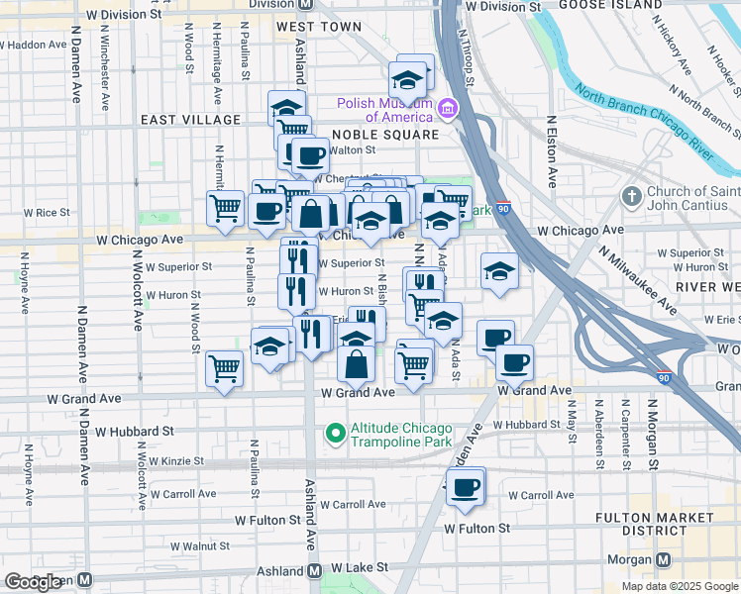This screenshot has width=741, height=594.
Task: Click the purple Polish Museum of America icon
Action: click(x=448, y=108)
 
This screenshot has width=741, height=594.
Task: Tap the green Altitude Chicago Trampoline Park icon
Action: click(x=335, y=433)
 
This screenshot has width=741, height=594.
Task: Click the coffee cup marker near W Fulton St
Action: click(x=465, y=488)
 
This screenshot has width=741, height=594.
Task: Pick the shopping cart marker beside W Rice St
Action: click(x=226, y=210)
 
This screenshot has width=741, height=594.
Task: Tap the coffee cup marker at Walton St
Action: click(x=309, y=155)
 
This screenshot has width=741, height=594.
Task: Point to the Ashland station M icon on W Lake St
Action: click(x=315, y=570)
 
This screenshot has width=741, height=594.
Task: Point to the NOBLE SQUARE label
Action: click(x=385, y=135)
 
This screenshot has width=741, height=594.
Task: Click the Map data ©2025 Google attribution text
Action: click(x=678, y=586)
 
